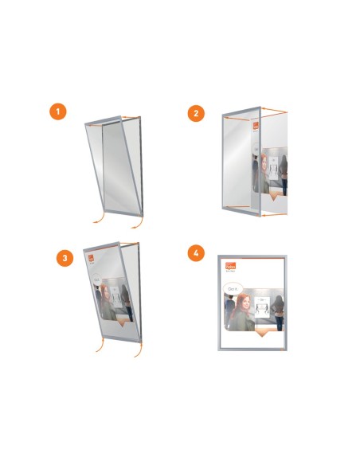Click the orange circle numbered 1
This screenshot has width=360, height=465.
point(57,111)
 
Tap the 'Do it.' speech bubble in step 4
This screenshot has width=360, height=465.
point(233,290)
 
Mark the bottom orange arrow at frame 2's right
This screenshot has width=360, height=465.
point(274,214)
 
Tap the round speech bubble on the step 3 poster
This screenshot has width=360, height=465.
point(95,281)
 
